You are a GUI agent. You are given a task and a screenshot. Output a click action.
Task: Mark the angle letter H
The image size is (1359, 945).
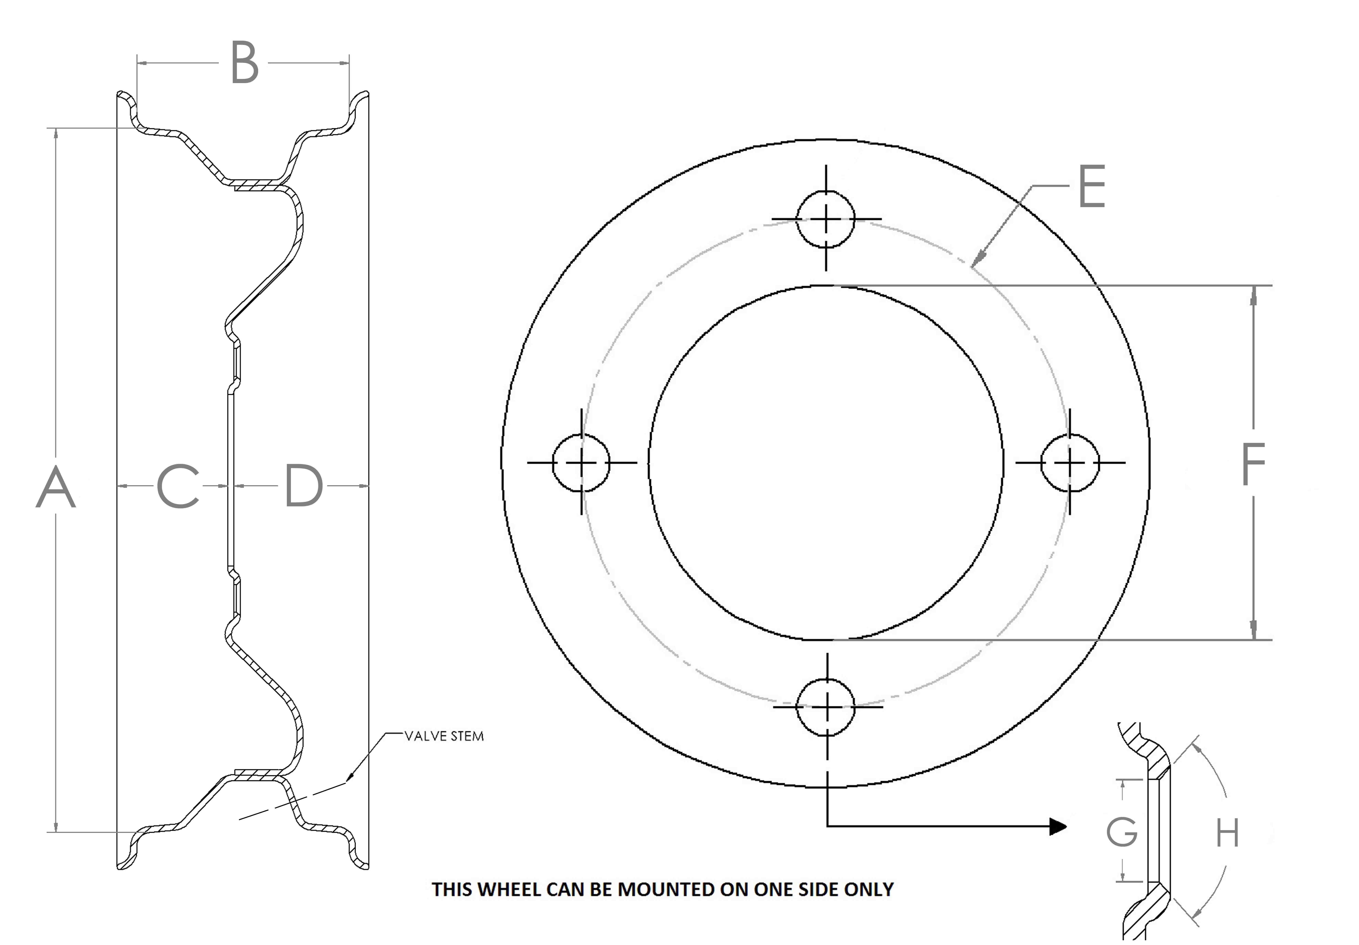1227,834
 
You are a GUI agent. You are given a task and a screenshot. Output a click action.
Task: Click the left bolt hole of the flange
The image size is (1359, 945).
581,463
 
